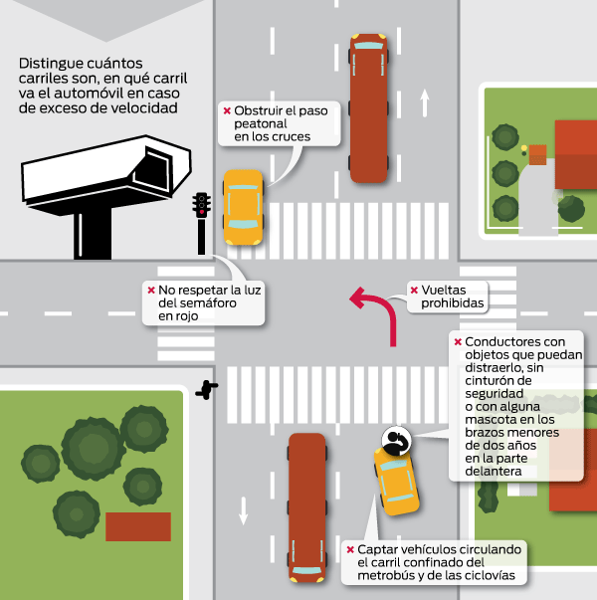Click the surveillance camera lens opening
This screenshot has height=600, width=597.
(x=155, y=169)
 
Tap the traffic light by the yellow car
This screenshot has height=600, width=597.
(x=201, y=223)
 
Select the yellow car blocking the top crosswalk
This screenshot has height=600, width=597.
(x=243, y=207)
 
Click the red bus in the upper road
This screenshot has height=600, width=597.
(x=368, y=108)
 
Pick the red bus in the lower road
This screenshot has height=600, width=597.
(x=306, y=507)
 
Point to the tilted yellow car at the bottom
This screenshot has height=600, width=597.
(x=396, y=481)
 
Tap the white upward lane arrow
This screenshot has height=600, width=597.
(x=425, y=102)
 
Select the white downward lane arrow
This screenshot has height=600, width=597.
(x=244, y=510)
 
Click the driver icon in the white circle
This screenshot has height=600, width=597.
(x=396, y=441)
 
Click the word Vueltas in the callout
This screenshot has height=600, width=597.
(x=444, y=291)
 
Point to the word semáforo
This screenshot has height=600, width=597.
(x=197, y=303)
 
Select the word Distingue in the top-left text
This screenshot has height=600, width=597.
(x=50, y=64)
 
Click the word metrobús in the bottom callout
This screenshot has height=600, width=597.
(x=385, y=575)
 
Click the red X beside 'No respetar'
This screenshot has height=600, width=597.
(x=151, y=291)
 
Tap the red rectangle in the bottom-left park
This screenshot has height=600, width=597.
(x=138, y=526)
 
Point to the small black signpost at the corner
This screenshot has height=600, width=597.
(x=207, y=389)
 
